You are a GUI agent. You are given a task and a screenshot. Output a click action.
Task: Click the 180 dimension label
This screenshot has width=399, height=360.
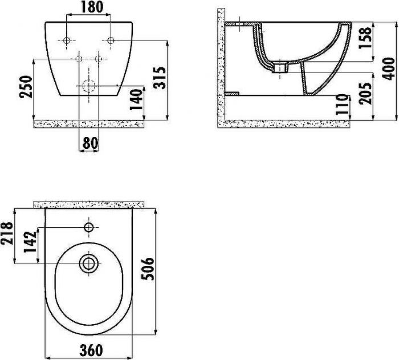(92, 7)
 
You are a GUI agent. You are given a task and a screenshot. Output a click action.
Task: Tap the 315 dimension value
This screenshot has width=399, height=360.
(160, 78)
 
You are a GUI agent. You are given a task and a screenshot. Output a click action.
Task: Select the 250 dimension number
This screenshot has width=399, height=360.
(26, 87)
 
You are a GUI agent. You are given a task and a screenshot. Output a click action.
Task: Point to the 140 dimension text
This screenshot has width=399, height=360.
(136, 99)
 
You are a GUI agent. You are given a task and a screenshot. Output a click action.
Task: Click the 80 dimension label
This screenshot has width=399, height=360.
(90, 143)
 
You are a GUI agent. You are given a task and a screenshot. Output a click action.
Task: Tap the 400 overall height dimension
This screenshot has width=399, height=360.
(389, 69)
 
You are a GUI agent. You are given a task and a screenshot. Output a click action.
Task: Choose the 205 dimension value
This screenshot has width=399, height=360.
(365, 93)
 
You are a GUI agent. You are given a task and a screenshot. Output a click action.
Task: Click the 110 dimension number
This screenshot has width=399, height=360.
(341, 104)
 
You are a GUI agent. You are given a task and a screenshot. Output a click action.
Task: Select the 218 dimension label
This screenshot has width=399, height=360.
(7, 233)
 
